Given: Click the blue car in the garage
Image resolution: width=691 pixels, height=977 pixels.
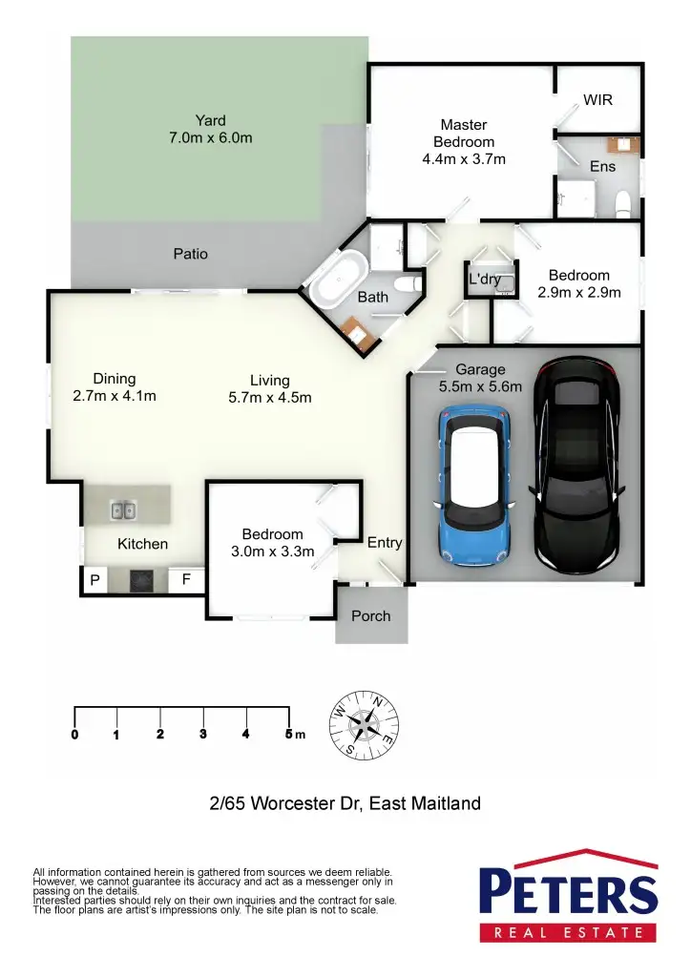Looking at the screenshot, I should pyautogui.click(x=474, y=484).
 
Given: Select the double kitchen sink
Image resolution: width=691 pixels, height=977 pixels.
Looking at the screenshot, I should pyautogui.click(x=123, y=510).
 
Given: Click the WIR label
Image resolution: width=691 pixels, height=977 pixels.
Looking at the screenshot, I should pyautogui.click(x=597, y=100).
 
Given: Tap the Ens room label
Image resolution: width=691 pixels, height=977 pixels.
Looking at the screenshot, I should pyautogui.click(x=602, y=166).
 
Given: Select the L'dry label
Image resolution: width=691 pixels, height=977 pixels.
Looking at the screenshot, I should pyautogui.click(x=485, y=279).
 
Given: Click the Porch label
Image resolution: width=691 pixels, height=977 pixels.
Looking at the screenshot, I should pyautogui.click(x=371, y=615).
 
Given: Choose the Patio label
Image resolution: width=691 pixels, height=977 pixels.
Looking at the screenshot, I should pyautogui.click(x=190, y=254).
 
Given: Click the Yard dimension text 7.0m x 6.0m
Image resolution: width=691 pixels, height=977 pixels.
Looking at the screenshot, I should pyautogui.click(x=210, y=137).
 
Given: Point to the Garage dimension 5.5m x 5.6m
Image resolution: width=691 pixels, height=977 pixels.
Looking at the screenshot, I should pyautogui.click(x=480, y=386).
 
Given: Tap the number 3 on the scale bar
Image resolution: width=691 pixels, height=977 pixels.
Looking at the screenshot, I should pyautogui.click(x=203, y=734).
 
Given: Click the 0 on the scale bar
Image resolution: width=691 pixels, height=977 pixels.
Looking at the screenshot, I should pyautogui.click(x=74, y=734).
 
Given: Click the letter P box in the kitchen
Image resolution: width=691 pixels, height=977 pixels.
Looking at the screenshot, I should pyautogui.click(x=94, y=580).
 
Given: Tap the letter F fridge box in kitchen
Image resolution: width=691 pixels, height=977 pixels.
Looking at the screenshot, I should pyautogui.click(x=187, y=579).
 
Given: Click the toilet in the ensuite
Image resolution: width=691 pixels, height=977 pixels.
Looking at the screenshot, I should pyautogui.click(x=623, y=202).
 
